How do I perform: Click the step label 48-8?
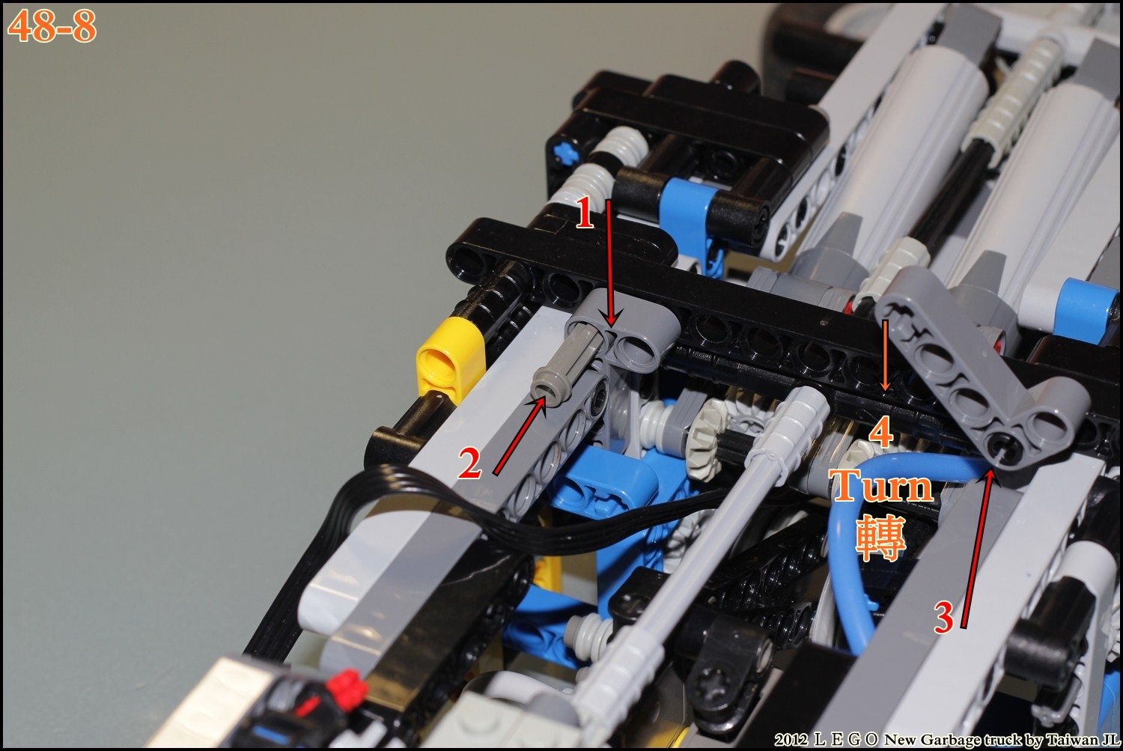pos(52,26)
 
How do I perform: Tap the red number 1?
pos(585,213)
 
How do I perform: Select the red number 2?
pos(469,463)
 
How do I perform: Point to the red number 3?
pos(943,618)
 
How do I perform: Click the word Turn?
pos(881,486)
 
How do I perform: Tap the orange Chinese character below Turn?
pos(880,538)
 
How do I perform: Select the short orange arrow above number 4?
pos(886,356)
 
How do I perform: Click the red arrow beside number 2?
pos(520,435)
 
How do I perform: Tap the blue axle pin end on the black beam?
pos(560,152)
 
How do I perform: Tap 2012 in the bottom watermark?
pos(791,740)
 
